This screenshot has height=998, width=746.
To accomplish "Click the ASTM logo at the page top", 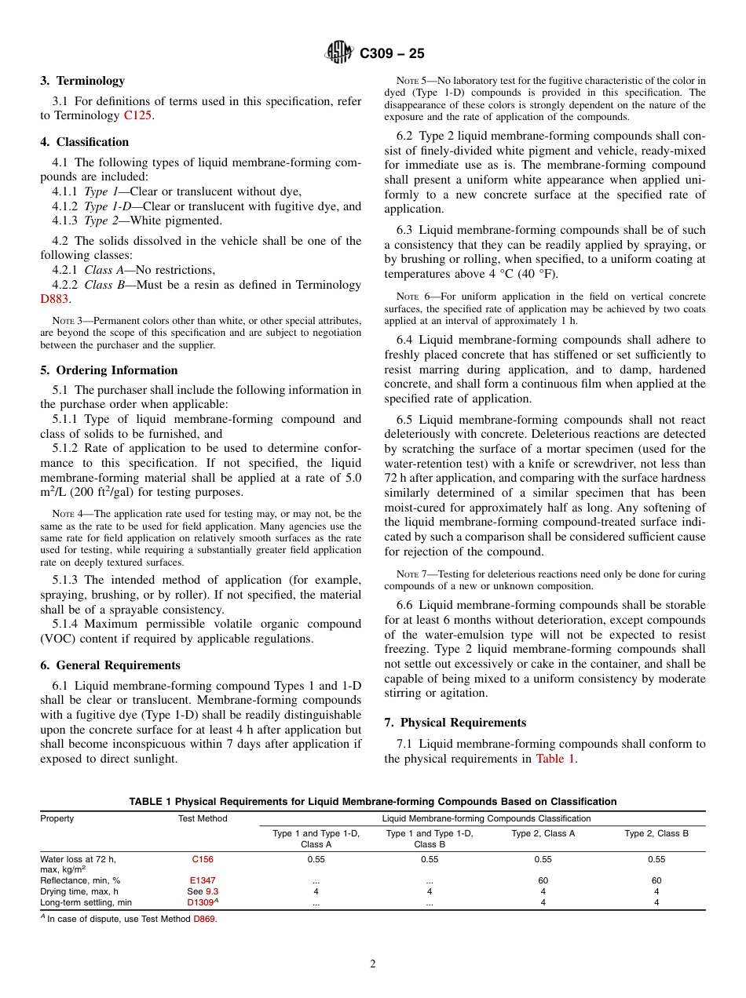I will (x=339, y=53).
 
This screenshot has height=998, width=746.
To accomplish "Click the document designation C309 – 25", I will (x=392, y=53).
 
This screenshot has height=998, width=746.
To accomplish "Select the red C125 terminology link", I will (x=138, y=115).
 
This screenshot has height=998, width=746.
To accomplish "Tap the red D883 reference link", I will (x=55, y=299).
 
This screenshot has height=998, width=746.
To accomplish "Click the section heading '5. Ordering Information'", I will (x=109, y=370).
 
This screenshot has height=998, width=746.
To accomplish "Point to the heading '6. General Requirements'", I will (x=110, y=665).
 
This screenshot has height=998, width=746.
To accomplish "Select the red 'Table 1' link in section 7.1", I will (x=555, y=759).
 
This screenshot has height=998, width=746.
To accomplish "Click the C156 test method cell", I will (x=203, y=859).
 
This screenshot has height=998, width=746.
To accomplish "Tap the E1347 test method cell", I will (x=203, y=880).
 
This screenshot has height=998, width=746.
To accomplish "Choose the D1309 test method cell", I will (x=201, y=902).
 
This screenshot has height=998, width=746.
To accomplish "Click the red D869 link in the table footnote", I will (x=204, y=920).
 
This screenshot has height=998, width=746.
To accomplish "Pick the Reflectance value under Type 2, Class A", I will (x=543, y=880).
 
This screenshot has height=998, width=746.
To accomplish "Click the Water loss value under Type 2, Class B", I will (x=656, y=859).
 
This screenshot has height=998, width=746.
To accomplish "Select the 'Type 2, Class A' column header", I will (x=543, y=833).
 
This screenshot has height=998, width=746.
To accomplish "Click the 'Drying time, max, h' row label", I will (x=79, y=891).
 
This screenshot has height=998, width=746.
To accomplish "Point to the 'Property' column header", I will (x=57, y=818).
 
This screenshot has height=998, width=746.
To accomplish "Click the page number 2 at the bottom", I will (x=373, y=964).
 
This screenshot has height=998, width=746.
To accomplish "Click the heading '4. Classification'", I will (x=85, y=142).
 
